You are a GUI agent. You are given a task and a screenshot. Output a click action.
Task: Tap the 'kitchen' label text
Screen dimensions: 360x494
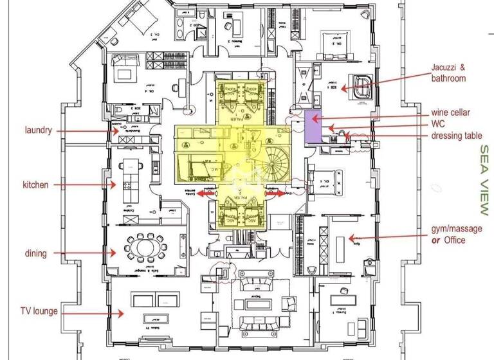coord(37,185)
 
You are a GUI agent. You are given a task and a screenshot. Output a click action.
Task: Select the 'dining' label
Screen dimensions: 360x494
coord(36,253)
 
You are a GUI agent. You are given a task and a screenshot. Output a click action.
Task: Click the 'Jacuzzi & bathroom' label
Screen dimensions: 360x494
coord(449,73)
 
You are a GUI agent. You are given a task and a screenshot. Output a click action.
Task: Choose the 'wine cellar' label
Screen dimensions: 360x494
coord(451,113)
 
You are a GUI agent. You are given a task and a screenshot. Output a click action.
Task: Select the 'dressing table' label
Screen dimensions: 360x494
coord(455,135)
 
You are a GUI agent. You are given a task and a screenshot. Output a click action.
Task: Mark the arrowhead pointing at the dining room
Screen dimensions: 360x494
coord(114,253)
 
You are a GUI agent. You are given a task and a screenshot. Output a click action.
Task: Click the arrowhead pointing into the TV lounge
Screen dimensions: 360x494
coord(122,314)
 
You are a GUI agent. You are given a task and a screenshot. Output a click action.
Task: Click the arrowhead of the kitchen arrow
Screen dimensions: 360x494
coord(115,185)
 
